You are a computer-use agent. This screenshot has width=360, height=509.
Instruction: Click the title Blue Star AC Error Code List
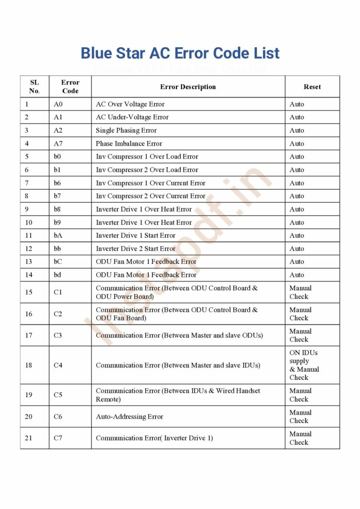point(180,53)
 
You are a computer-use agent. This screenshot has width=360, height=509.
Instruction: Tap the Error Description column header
point(188,87)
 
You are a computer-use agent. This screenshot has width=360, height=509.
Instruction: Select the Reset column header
point(312,87)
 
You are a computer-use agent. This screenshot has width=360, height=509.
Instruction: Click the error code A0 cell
point(58,104)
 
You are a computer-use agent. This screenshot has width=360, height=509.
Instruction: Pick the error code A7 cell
point(58,144)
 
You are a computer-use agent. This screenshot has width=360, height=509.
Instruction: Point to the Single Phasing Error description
point(126,131)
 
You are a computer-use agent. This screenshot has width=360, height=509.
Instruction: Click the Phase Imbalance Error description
point(129,144)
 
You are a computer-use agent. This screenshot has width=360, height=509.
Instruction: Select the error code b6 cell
point(58,183)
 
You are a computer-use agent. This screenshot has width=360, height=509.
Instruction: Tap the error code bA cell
point(58,236)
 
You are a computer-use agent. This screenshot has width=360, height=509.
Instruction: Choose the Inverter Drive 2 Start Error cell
point(136,249)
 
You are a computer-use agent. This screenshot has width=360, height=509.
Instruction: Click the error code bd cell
point(58,275)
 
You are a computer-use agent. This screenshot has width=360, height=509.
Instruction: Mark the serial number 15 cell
point(29,292)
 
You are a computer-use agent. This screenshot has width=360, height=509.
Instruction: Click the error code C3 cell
point(58,336)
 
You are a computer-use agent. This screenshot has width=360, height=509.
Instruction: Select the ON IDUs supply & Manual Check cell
point(304,365)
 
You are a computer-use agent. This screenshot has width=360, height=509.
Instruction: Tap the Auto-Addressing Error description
point(129,417)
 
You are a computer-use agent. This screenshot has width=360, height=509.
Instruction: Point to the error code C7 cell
point(58,438)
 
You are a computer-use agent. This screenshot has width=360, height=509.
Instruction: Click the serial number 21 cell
point(29,438)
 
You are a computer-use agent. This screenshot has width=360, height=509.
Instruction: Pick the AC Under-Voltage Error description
point(132,117)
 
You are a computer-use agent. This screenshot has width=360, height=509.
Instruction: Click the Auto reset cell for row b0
point(297,157)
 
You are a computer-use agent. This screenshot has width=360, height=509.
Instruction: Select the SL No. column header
point(34,87)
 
